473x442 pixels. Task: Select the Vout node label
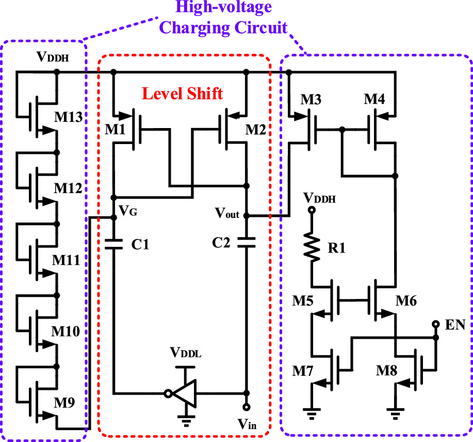point(227,213)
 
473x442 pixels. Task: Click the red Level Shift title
point(183,93)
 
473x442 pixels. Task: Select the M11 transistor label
point(68,260)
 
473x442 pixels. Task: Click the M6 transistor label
point(407,301)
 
